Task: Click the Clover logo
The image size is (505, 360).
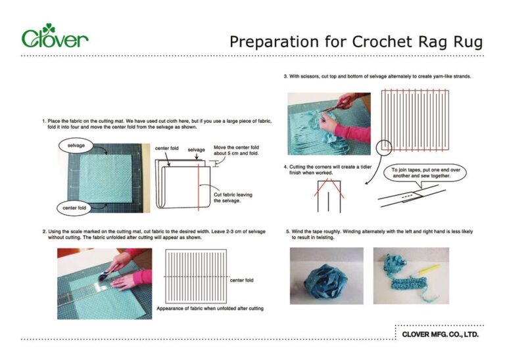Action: point(55,37)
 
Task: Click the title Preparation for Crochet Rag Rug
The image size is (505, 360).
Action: point(355,42)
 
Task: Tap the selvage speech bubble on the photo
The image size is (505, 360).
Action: point(78,144)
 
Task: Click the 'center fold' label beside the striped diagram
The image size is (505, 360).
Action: point(242,281)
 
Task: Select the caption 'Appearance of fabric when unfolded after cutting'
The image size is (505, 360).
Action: point(210,308)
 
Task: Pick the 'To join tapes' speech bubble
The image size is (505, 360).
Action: point(421,173)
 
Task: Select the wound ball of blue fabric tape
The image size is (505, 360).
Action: point(326,276)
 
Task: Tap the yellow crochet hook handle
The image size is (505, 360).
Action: point(429,267)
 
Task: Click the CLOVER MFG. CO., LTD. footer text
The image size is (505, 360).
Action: point(440,334)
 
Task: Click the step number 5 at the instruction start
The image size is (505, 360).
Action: point(287,231)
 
